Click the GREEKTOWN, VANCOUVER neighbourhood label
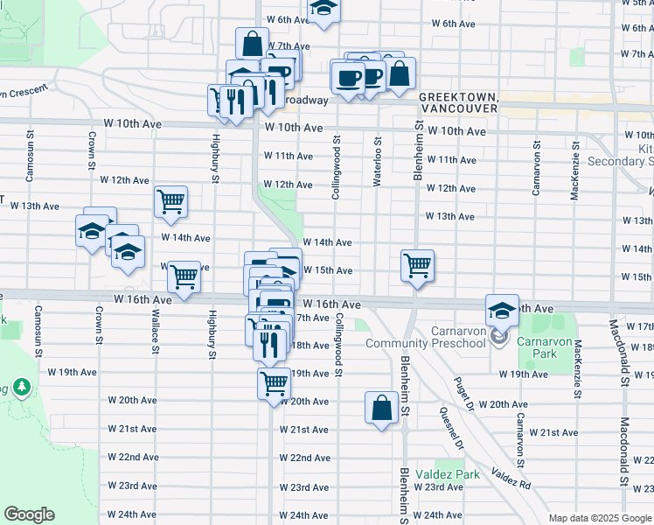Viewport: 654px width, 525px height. [458, 101]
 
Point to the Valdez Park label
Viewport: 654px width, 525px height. [456, 473]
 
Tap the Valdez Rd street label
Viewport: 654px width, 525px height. [511, 478]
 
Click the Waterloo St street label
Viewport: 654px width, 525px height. [378, 152]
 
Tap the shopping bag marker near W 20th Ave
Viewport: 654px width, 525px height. [382, 408]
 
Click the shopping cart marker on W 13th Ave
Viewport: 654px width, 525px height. [170, 200]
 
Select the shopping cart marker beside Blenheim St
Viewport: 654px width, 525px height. [418, 263]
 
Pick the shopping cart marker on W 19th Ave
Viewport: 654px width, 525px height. [275, 381]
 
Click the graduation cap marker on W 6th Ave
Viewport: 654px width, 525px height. [324, 8]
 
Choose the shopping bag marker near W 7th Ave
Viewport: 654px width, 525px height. [252, 43]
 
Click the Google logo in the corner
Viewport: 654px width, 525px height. [29, 514]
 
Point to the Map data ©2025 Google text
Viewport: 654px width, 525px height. [599, 518]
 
